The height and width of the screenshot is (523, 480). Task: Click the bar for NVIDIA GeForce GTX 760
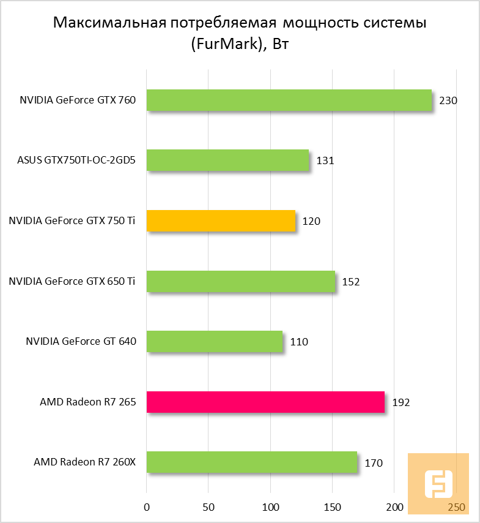(289, 100)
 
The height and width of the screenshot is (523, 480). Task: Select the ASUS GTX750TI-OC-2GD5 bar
(227, 160)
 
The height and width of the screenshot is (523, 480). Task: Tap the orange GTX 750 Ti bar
(221, 221)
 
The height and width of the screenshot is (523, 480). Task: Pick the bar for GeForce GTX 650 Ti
(240, 282)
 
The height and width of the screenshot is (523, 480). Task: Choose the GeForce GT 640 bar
(214, 342)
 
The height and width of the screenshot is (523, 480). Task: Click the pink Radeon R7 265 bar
(265, 402)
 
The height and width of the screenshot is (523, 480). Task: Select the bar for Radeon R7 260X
(251, 462)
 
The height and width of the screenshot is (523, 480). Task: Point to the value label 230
(448, 100)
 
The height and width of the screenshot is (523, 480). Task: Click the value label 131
(325, 161)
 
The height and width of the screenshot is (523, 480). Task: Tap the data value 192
(401, 402)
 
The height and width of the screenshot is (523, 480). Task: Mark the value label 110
(299, 342)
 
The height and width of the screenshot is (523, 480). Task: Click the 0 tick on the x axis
(146, 507)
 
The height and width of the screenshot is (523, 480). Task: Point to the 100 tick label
(270, 507)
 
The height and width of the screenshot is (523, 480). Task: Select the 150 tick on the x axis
(332, 507)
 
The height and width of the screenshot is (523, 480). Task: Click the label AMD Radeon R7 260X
(84, 462)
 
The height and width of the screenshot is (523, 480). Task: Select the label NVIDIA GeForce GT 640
(80, 342)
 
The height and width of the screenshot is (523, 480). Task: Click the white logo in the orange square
(438, 484)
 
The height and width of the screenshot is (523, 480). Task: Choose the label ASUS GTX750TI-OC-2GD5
(76, 161)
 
